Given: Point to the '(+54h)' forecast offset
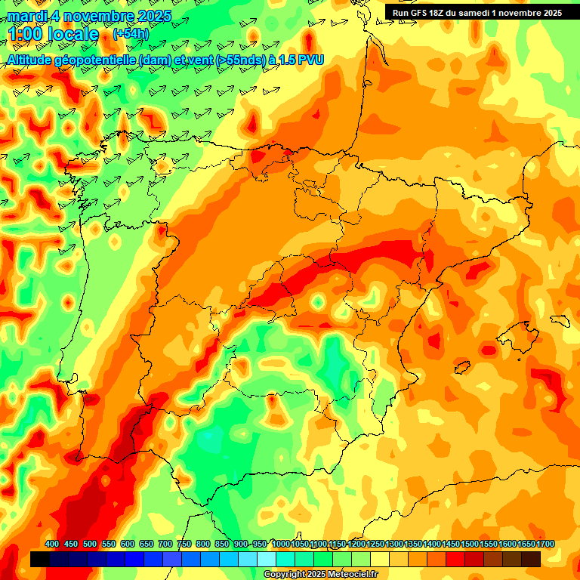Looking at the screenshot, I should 131,34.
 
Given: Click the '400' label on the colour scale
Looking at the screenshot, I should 52,545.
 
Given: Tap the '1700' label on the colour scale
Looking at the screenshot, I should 526,545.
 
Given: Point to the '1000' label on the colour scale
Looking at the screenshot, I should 281,545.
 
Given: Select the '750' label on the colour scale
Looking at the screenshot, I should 184,545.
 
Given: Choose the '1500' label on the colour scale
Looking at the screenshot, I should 451,545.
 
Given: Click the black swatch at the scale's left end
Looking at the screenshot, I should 40,560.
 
